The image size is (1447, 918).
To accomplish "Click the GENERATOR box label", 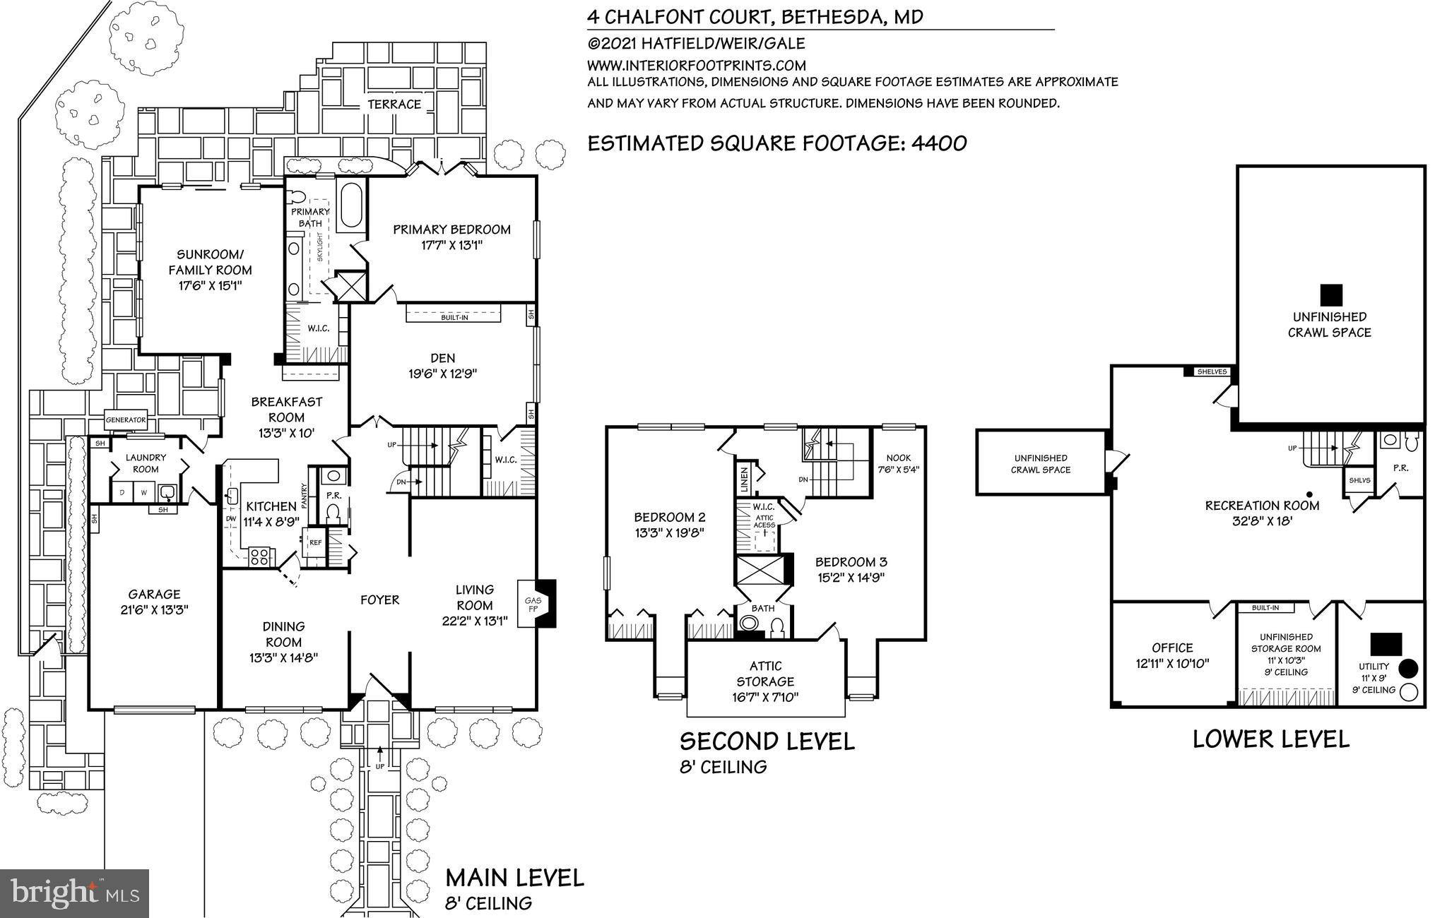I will [x=126, y=420].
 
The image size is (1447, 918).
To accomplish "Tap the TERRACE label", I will [x=394, y=105].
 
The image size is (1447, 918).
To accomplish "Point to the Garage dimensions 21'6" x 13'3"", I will [x=154, y=610].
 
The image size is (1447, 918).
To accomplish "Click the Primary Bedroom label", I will [x=451, y=229].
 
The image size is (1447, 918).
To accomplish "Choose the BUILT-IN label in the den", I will [x=454, y=318].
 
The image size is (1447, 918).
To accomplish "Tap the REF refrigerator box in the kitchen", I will [x=315, y=543].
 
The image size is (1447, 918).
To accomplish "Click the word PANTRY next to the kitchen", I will [x=305, y=496].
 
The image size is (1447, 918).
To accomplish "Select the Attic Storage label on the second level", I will [x=765, y=674].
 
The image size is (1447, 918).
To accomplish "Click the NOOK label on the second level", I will [x=898, y=458].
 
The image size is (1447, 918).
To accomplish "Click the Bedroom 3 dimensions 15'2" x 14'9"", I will [x=850, y=577].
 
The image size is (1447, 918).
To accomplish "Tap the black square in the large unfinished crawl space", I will [x=1331, y=294].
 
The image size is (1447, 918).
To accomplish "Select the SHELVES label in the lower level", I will [x=1212, y=372].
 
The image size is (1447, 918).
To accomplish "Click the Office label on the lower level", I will [x=1172, y=648].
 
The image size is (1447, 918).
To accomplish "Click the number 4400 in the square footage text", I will [x=939, y=143].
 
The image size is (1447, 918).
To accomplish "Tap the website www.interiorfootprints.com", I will [x=697, y=65].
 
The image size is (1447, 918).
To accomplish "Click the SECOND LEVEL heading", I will [x=767, y=741].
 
